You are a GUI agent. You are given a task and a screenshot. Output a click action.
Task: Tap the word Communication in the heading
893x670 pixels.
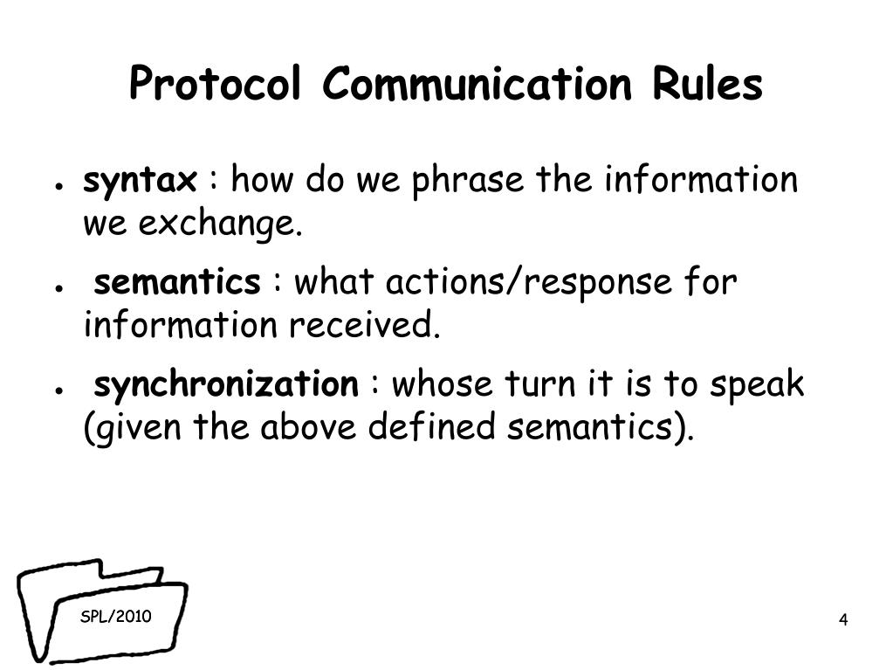click(x=475, y=86)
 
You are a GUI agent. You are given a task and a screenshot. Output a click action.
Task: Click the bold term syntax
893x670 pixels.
click(x=140, y=182)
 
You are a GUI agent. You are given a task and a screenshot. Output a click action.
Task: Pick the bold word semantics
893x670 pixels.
click(x=176, y=283)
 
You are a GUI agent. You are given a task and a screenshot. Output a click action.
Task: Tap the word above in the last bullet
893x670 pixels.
click(x=302, y=428)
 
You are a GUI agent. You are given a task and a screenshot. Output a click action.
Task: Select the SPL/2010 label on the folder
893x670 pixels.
click(x=116, y=617)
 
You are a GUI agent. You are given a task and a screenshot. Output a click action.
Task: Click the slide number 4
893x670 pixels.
click(x=843, y=620)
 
